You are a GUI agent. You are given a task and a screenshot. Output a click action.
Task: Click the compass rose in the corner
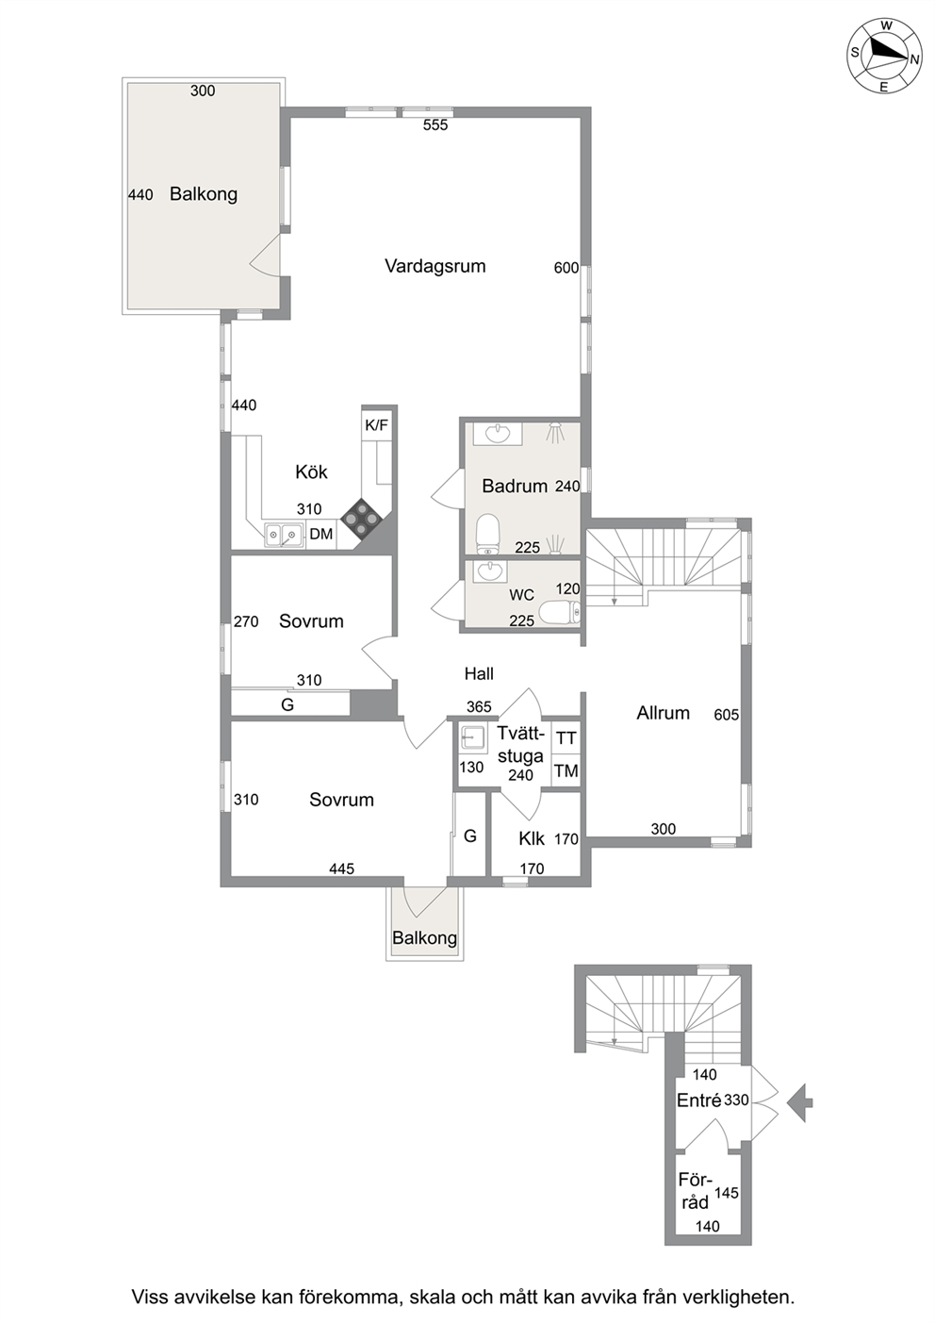click(885, 57)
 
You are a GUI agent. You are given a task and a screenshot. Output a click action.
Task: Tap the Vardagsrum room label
click(435, 266)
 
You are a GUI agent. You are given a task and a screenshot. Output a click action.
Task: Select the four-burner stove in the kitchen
click(361, 519)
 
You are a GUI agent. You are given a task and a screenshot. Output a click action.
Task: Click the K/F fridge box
click(377, 424)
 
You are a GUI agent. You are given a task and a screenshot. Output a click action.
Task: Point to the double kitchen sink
click(284, 535)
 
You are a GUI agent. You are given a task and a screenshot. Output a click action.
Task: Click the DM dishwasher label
click(321, 534)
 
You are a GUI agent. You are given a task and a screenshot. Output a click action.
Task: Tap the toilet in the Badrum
click(488, 534)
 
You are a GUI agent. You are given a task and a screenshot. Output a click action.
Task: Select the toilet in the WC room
click(560, 613)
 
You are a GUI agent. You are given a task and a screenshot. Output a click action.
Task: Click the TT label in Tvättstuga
click(566, 737)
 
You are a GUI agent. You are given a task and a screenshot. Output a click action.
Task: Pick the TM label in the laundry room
click(566, 770)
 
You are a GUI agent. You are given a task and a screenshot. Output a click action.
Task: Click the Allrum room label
click(663, 713)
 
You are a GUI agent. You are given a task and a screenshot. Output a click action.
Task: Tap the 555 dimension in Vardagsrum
click(435, 124)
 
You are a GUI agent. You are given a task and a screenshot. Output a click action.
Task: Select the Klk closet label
click(532, 838)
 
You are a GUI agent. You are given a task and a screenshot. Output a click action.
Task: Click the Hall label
click(479, 673)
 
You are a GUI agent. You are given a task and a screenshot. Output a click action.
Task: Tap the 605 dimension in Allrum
click(726, 715)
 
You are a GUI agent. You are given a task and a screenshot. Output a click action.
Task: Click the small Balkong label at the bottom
click(424, 938)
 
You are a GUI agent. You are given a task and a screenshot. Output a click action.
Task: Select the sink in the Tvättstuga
click(473, 737)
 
